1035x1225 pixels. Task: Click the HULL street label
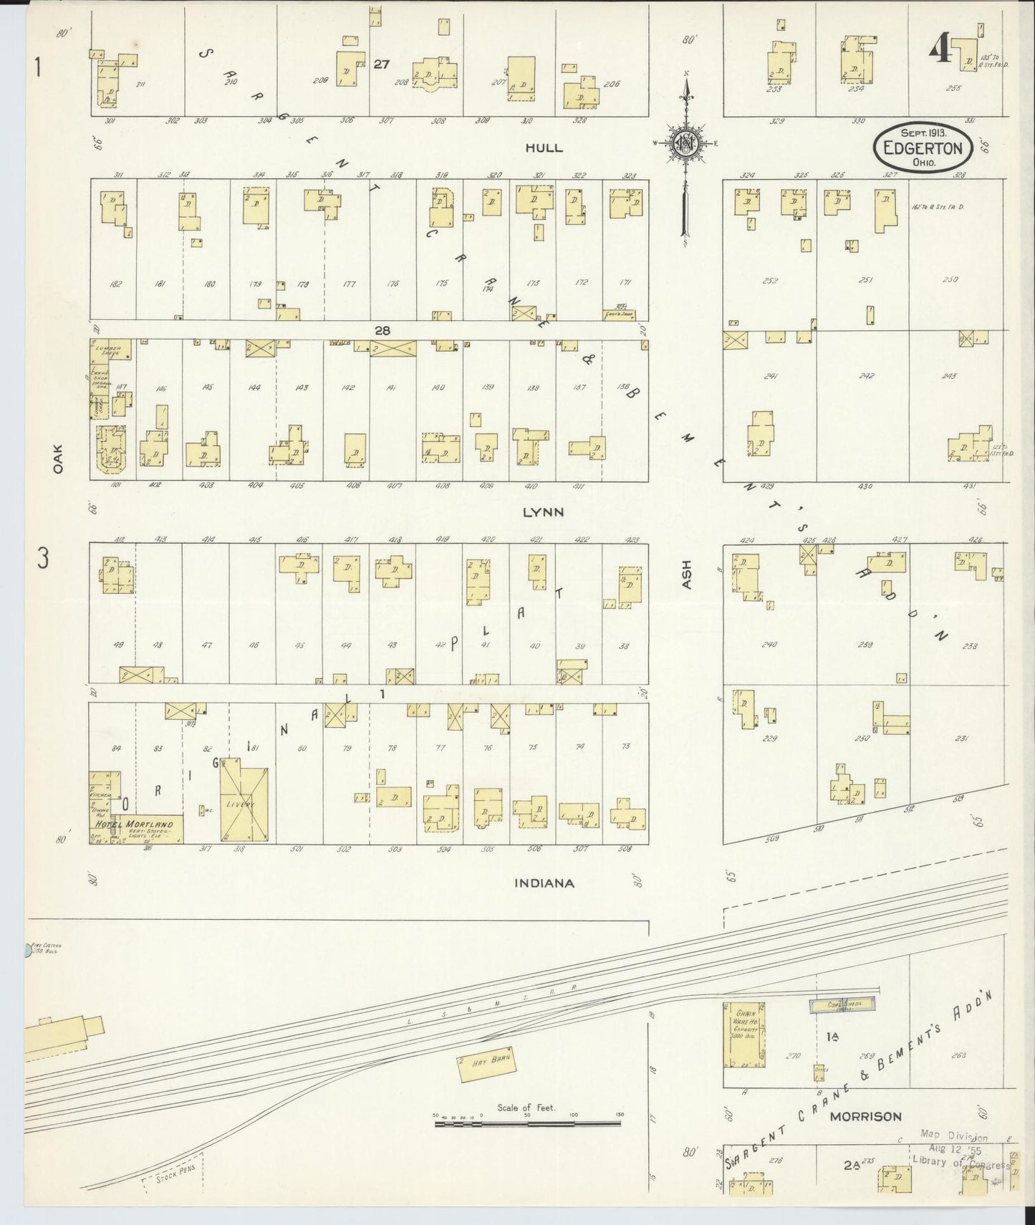tap(544, 148)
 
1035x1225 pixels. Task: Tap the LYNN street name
tap(543, 512)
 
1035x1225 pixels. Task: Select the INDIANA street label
tap(544, 883)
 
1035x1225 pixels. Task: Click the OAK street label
tap(58, 458)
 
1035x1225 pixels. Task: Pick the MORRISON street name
tap(865, 1116)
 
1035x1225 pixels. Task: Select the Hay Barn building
tap(487, 1062)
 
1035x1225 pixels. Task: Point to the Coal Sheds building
tap(843, 1006)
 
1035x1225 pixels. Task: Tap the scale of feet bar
tap(528, 1125)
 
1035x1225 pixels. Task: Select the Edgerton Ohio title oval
tap(923, 148)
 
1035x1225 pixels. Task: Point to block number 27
tap(381, 64)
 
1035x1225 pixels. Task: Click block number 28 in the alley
tap(382, 330)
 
